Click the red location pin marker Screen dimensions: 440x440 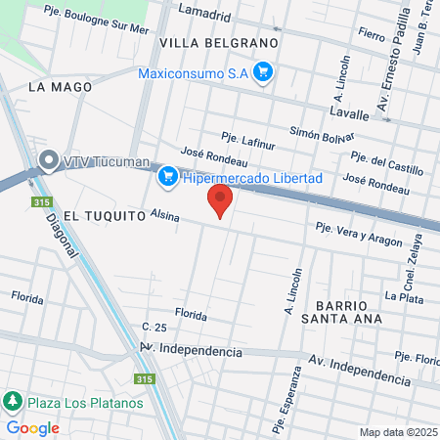coord(220,200)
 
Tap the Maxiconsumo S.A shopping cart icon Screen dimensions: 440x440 coord(262,71)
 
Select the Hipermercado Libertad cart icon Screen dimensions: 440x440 coord(167,176)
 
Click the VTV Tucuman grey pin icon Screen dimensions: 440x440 coord(46,160)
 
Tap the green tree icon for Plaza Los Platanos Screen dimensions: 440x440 coord(12,402)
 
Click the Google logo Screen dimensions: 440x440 coord(32,427)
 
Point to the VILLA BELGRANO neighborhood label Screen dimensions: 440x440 coord(219,44)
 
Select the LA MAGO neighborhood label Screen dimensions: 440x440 coord(61,87)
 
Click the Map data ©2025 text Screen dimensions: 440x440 coord(398,432)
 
